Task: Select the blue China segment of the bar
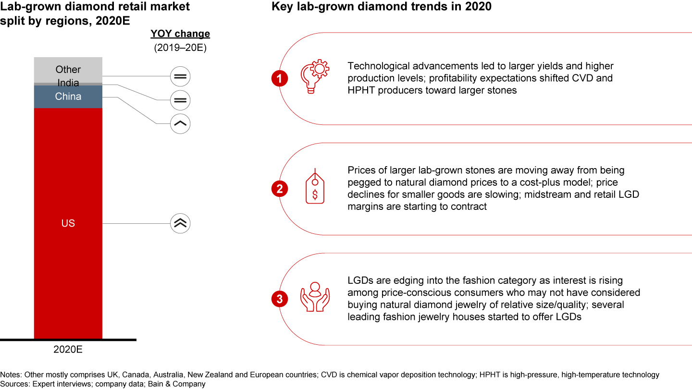[68, 97]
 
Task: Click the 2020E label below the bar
[68, 350]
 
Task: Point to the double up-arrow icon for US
[180, 223]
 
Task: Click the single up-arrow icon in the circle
[180, 124]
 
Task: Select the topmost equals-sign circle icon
[180, 76]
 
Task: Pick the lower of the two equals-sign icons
[180, 100]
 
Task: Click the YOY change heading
[180, 34]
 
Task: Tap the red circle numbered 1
[280, 78]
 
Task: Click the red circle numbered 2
[280, 189]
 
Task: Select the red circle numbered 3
[280, 299]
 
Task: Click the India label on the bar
[68, 83]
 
